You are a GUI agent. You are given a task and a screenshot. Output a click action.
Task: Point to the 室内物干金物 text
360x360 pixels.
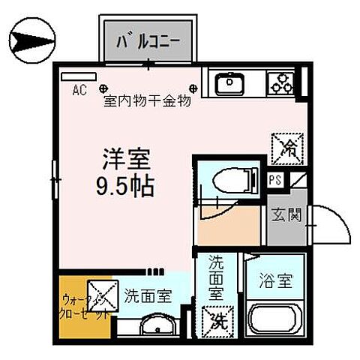pyautogui.click(x=147, y=100)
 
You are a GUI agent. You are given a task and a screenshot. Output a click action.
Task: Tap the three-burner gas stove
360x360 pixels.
pyautogui.click(x=281, y=82)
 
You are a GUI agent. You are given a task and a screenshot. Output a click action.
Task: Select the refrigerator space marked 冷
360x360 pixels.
pyautogui.click(x=287, y=148)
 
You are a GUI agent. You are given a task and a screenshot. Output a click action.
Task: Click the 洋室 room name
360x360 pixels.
pyautogui.click(x=127, y=160)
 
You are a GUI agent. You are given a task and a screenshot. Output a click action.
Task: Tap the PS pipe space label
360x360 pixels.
pyautogui.click(x=275, y=180)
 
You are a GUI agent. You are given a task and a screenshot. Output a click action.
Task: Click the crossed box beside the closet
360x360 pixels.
pyautogui.click(x=101, y=293)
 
